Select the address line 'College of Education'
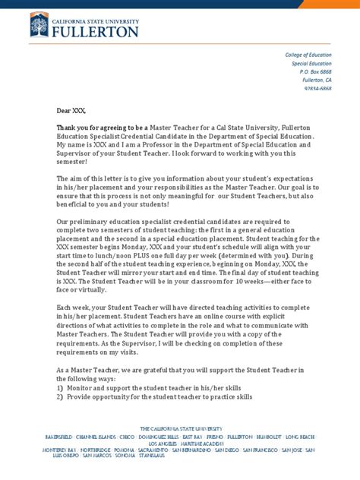308,56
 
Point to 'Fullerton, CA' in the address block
317,81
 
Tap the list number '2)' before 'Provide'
60,398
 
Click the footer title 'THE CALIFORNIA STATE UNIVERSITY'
180,429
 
